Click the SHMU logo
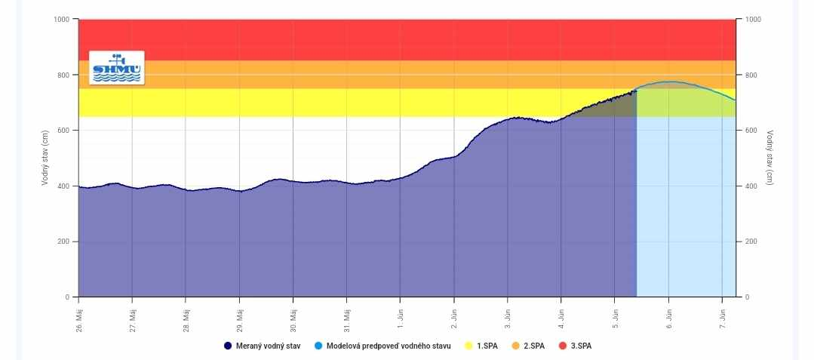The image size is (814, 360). [116, 68]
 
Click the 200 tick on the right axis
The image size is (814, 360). [751, 242]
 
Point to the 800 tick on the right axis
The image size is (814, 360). [751, 75]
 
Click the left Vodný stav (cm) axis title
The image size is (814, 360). [46, 158]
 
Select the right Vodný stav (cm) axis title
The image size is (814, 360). [769, 158]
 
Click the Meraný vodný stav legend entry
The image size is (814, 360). [265, 346]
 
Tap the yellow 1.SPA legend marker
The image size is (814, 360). [469, 346]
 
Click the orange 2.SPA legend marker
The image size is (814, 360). [516, 346]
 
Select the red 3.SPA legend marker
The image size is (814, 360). [563, 346]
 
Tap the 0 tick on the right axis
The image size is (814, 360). [747, 297]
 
